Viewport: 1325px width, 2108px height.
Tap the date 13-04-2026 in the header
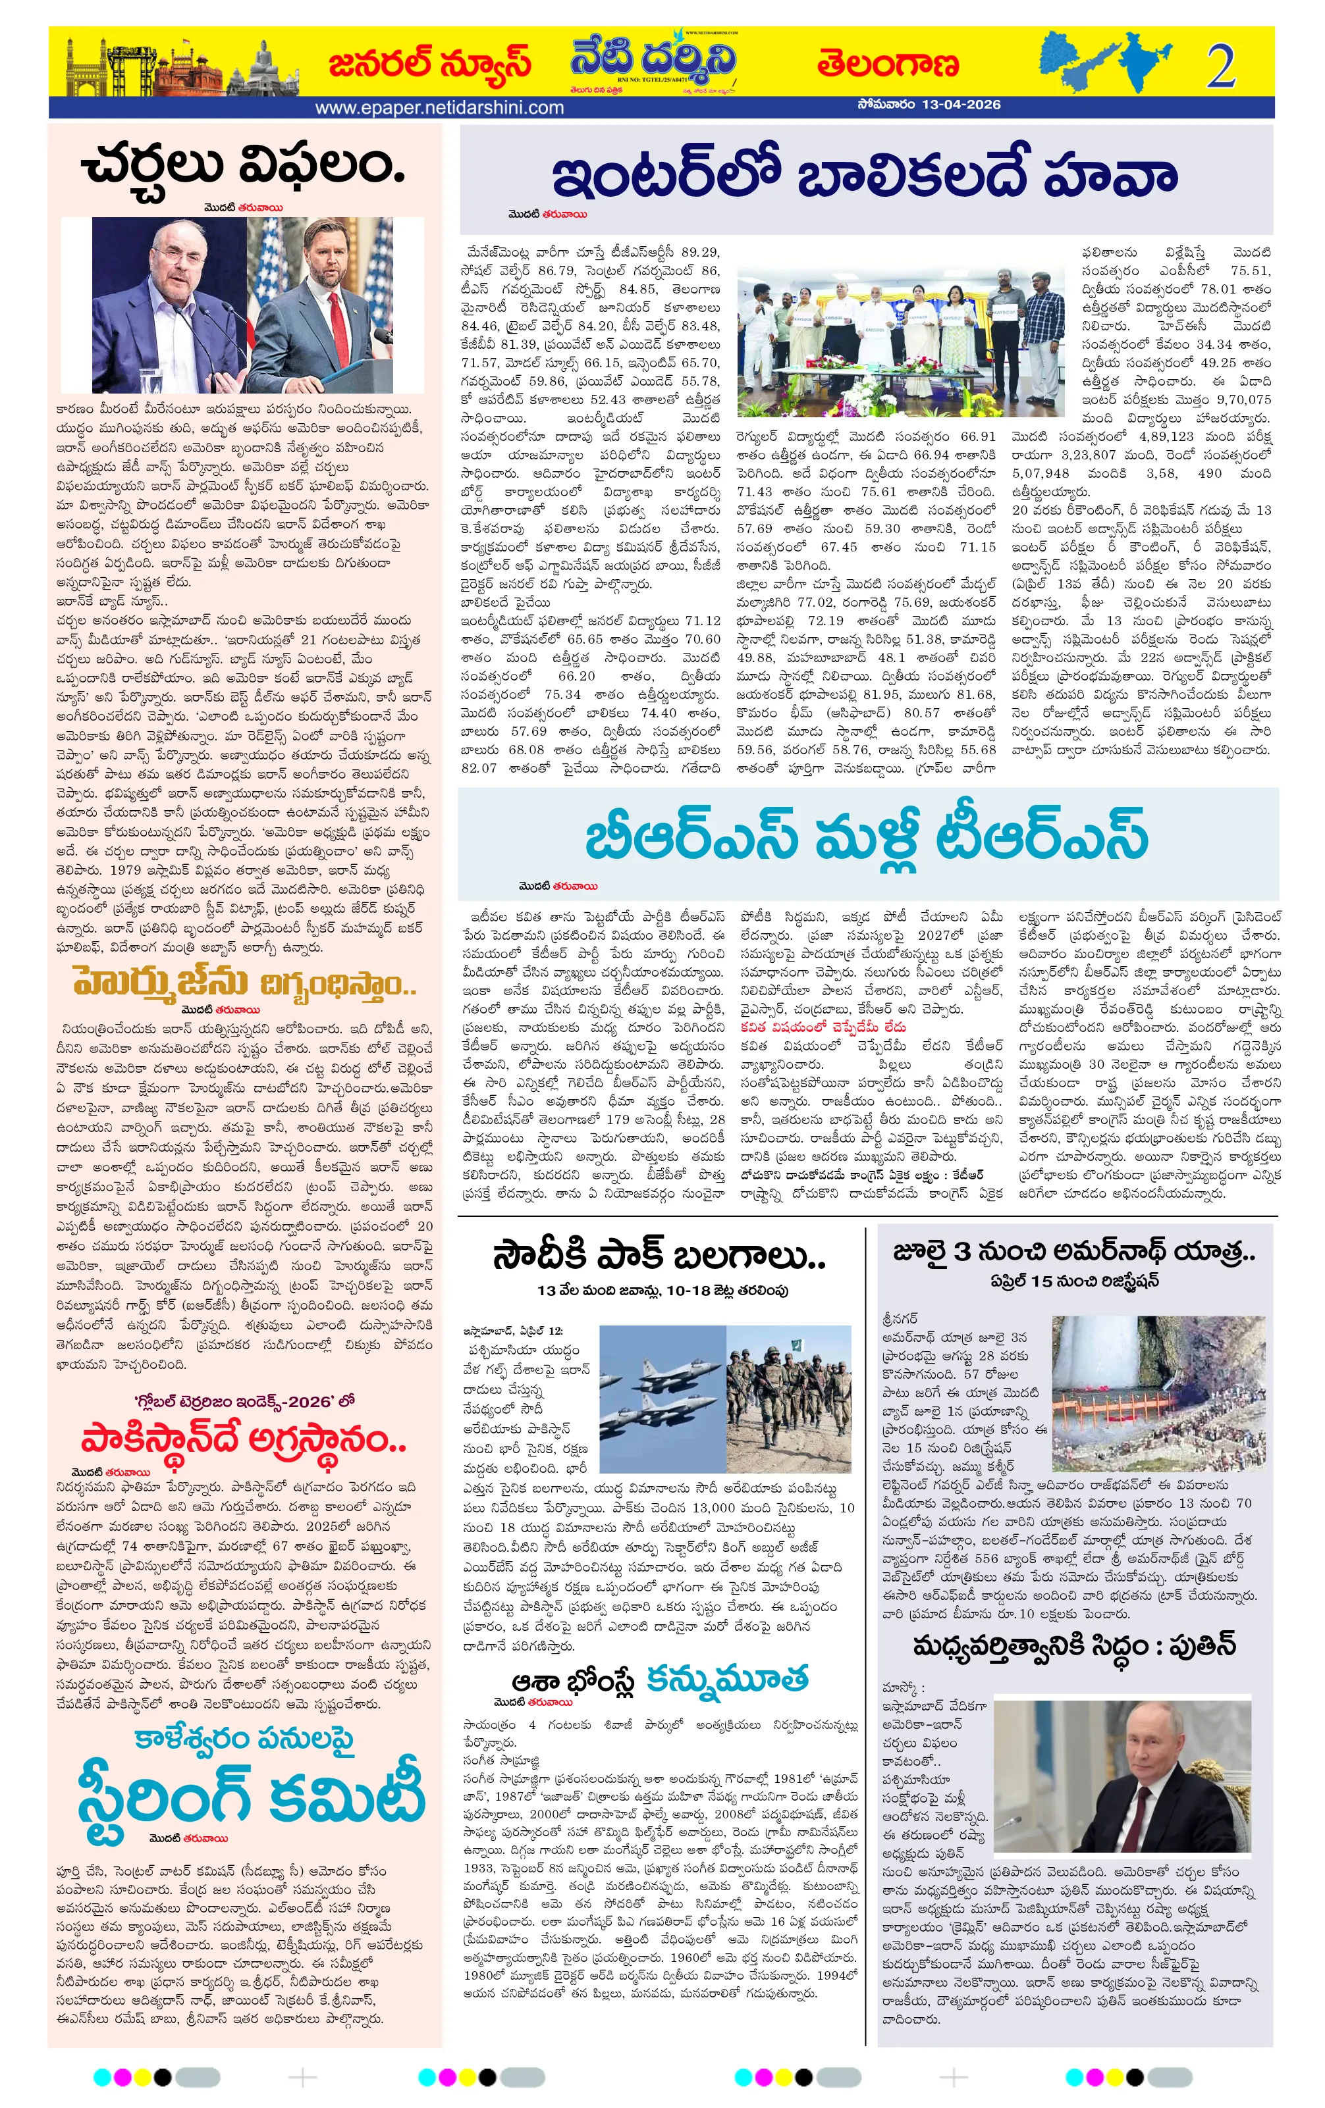tap(961, 105)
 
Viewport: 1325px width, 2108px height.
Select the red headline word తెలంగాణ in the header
tap(887, 64)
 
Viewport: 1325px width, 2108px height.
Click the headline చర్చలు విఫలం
tap(244, 167)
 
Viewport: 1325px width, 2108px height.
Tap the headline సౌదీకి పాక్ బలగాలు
tap(659, 1257)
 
